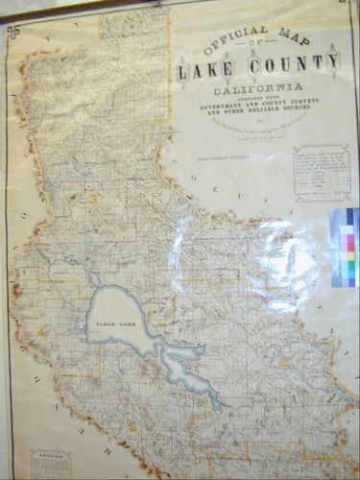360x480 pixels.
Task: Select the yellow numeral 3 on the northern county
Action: point(92,198)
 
